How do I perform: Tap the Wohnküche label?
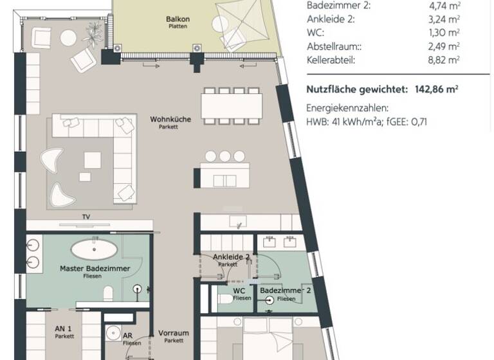pos(169,120)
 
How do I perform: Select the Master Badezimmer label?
pos(95,268)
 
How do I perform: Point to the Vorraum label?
pos(174,333)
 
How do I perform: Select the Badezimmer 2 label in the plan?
pos(286,291)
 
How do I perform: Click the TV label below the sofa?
pos(86,217)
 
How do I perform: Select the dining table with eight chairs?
pos(232,105)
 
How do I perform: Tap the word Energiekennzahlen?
pos(347,109)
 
